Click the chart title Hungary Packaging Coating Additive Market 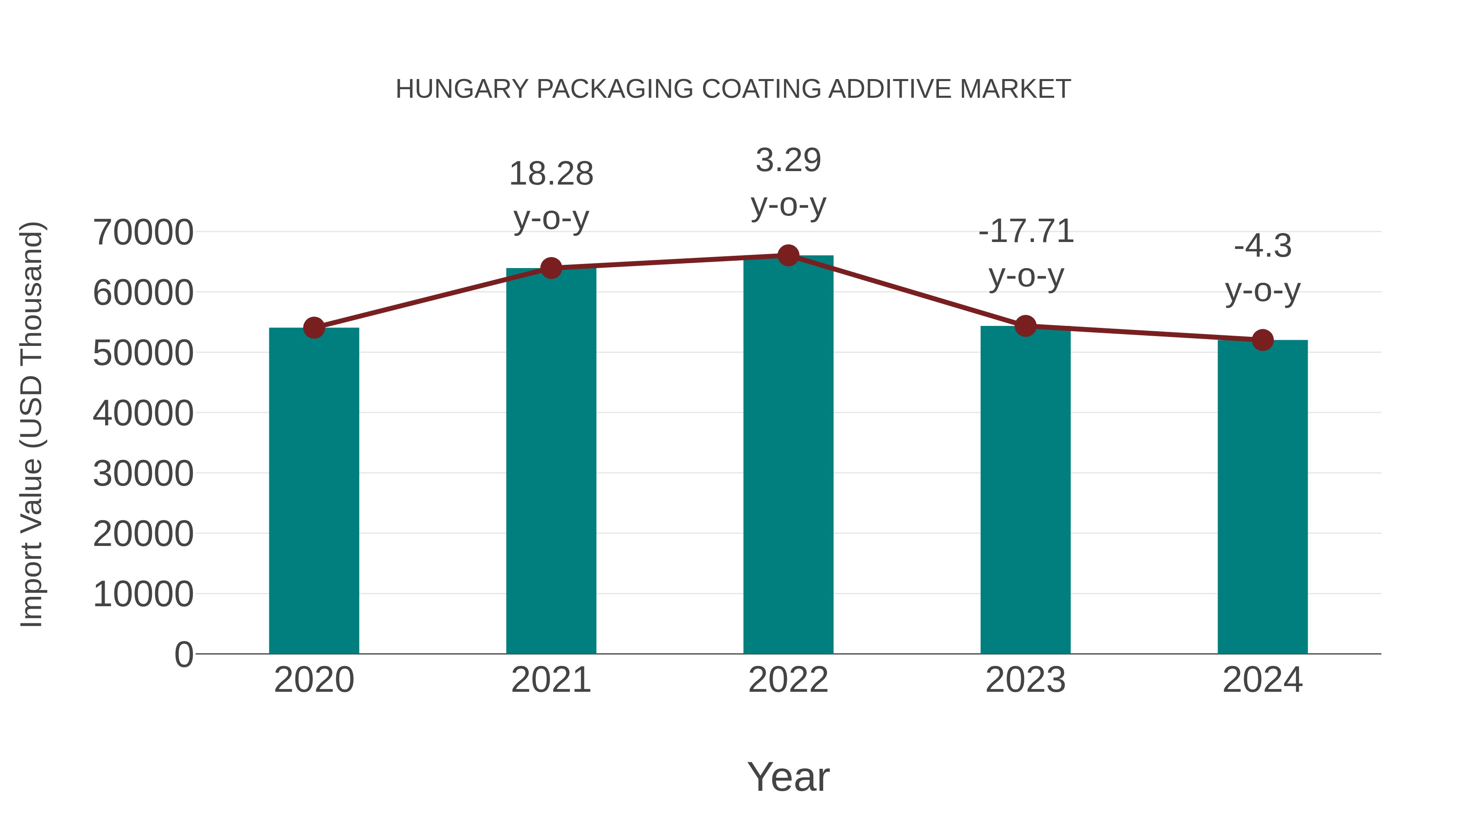tap(733, 89)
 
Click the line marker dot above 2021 tap(551, 268)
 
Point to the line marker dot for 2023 tap(1025, 326)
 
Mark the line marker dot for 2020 tap(314, 328)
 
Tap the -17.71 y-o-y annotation tap(1026, 253)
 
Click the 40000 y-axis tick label tap(143, 414)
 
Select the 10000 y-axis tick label tap(143, 594)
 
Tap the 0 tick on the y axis tap(183, 655)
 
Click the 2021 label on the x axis tap(551, 680)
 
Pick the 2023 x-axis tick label tap(1025, 680)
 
